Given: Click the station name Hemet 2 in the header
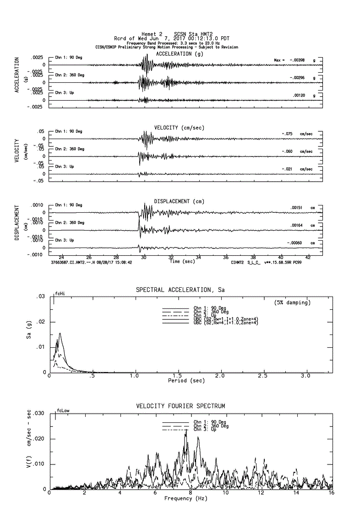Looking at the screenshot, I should point(152,34).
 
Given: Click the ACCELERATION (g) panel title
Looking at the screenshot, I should point(180,54).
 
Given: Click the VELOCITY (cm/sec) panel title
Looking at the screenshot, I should point(179,127).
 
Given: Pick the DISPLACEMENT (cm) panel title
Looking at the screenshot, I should point(179,201).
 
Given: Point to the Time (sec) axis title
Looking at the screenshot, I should point(182,262).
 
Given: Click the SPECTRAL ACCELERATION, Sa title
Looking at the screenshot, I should point(180,290).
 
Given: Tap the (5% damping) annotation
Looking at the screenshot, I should point(292,303).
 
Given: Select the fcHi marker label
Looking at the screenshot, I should point(60,293).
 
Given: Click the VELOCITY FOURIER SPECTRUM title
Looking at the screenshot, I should point(180,406).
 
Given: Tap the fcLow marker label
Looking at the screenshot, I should point(63,411).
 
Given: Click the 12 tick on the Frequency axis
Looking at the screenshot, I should point(261,493).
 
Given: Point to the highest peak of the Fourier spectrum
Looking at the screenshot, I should point(186,430).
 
